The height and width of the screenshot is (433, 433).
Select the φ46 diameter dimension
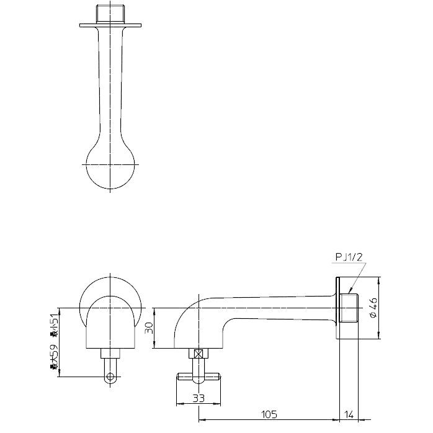(373, 308)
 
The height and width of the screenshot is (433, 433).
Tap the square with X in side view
(199, 354)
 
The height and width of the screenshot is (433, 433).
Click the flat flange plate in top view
(110, 25)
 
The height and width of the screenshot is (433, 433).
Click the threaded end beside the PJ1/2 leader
(349, 308)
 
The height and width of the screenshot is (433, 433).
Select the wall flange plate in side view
(338, 308)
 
